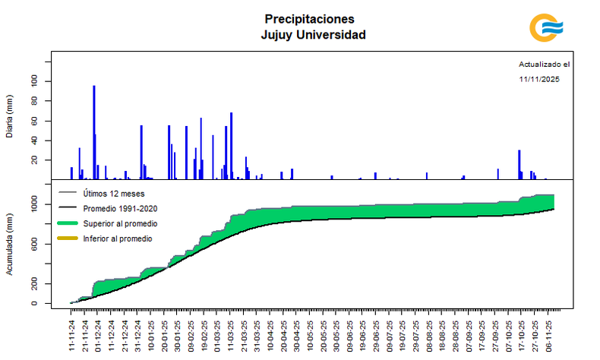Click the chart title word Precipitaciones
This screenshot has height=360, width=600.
[309, 18]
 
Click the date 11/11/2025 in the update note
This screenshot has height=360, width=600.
[539, 79]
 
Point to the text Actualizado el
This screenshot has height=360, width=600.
[544, 65]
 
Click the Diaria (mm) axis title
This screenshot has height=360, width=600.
[9, 118]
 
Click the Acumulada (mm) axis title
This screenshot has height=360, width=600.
[9, 245]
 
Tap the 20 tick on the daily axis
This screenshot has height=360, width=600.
[34, 160]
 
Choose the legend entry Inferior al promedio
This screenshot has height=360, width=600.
[118, 238]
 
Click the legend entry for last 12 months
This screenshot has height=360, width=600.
[114, 194]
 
